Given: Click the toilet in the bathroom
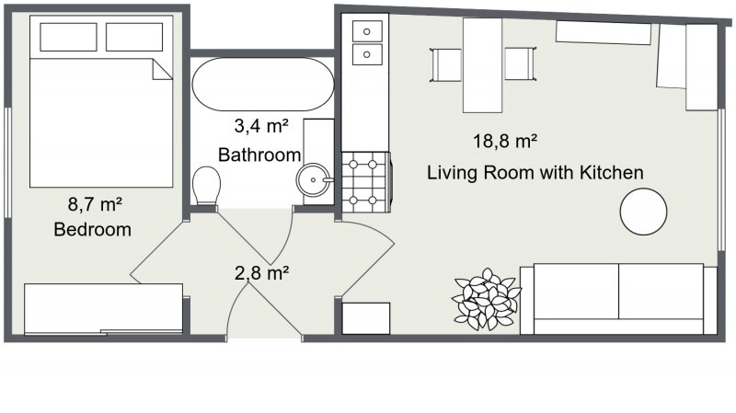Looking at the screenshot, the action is click(206, 186).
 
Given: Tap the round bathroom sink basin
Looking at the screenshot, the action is click(313, 179).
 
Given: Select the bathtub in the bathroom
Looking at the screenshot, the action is click(263, 84).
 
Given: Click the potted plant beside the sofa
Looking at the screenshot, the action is click(487, 299).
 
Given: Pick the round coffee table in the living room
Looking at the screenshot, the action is click(643, 212).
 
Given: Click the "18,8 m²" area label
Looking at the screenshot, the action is click(505, 141).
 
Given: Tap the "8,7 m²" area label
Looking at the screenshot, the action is click(95, 204).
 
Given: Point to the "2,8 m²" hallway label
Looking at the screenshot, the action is click(261, 272).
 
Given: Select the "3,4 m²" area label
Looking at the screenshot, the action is click(261, 126).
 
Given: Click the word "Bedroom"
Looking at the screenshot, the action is click(93, 230).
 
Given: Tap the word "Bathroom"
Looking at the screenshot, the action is click(259, 155).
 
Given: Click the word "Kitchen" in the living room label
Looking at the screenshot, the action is click(611, 173).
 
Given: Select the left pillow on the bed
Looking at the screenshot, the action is click(68, 37).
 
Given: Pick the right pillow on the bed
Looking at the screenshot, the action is click(134, 37).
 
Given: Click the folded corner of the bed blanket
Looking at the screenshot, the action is click(162, 70).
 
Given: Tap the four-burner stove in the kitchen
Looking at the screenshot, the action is click(366, 182).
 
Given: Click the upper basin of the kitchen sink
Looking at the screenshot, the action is click(367, 31).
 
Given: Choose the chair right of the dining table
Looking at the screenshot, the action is click(521, 63).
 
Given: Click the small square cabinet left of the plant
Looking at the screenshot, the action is click(366, 318).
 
